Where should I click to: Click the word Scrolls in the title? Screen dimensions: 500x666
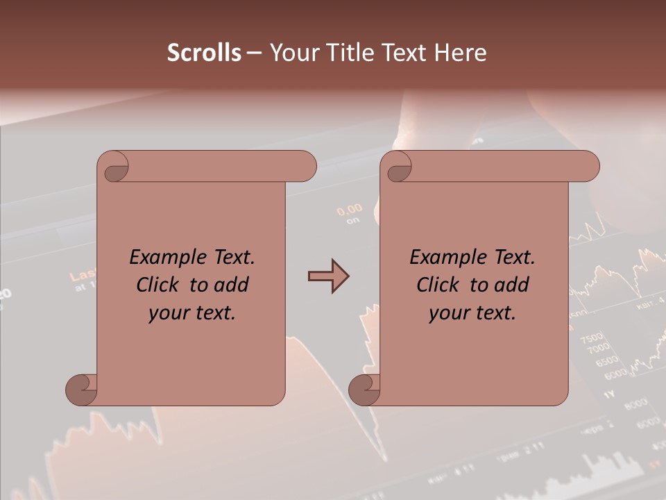point(204,53)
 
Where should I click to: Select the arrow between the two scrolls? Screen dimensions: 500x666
point(328,276)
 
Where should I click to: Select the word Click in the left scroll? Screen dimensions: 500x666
point(157,285)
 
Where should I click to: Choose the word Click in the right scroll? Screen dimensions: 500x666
point(438,285)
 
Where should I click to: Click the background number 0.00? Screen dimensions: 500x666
point(350,208)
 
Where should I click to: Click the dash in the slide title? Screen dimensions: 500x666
point(255,53)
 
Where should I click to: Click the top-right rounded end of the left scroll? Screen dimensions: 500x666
point(305,167)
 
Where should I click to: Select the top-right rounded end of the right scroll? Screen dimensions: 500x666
point(588,167)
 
